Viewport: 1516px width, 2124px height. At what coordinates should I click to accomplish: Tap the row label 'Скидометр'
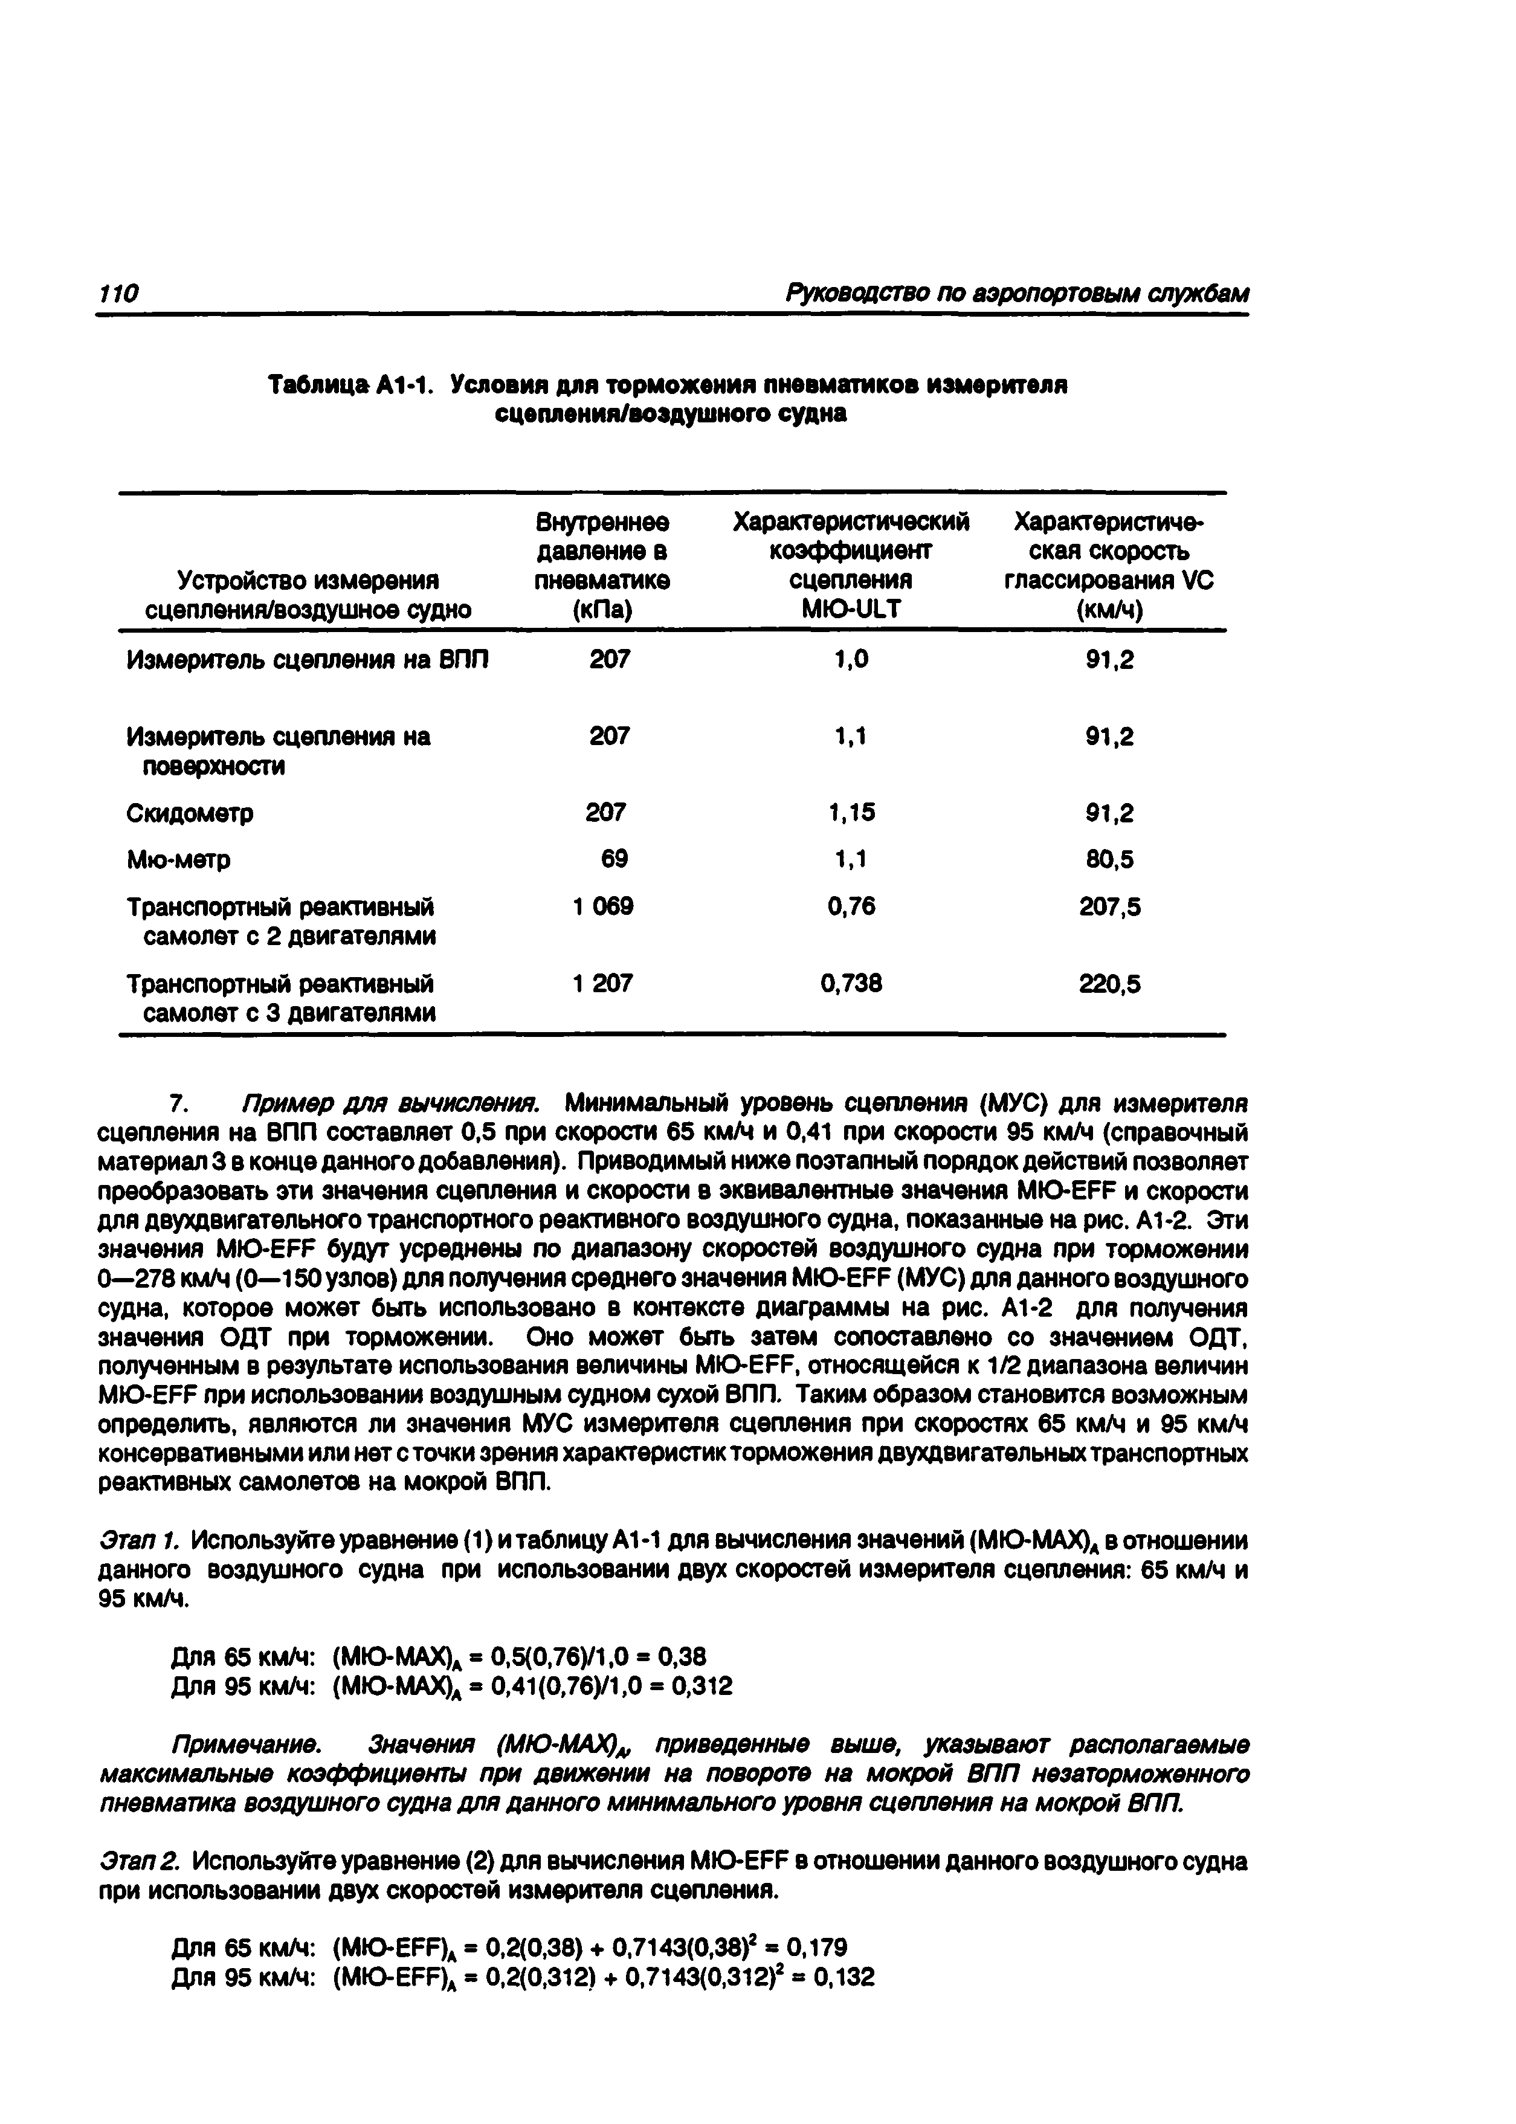(190, 814)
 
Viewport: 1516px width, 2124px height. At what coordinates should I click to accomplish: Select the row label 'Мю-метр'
(178, 859)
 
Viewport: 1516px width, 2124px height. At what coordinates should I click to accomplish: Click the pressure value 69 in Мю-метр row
(614, 859)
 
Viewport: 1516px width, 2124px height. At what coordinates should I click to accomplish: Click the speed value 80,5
(1109, 859)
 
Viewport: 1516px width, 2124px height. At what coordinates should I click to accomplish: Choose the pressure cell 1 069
(603, 906)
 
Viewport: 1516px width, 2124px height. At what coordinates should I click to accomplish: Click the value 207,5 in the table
(1109, 906)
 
